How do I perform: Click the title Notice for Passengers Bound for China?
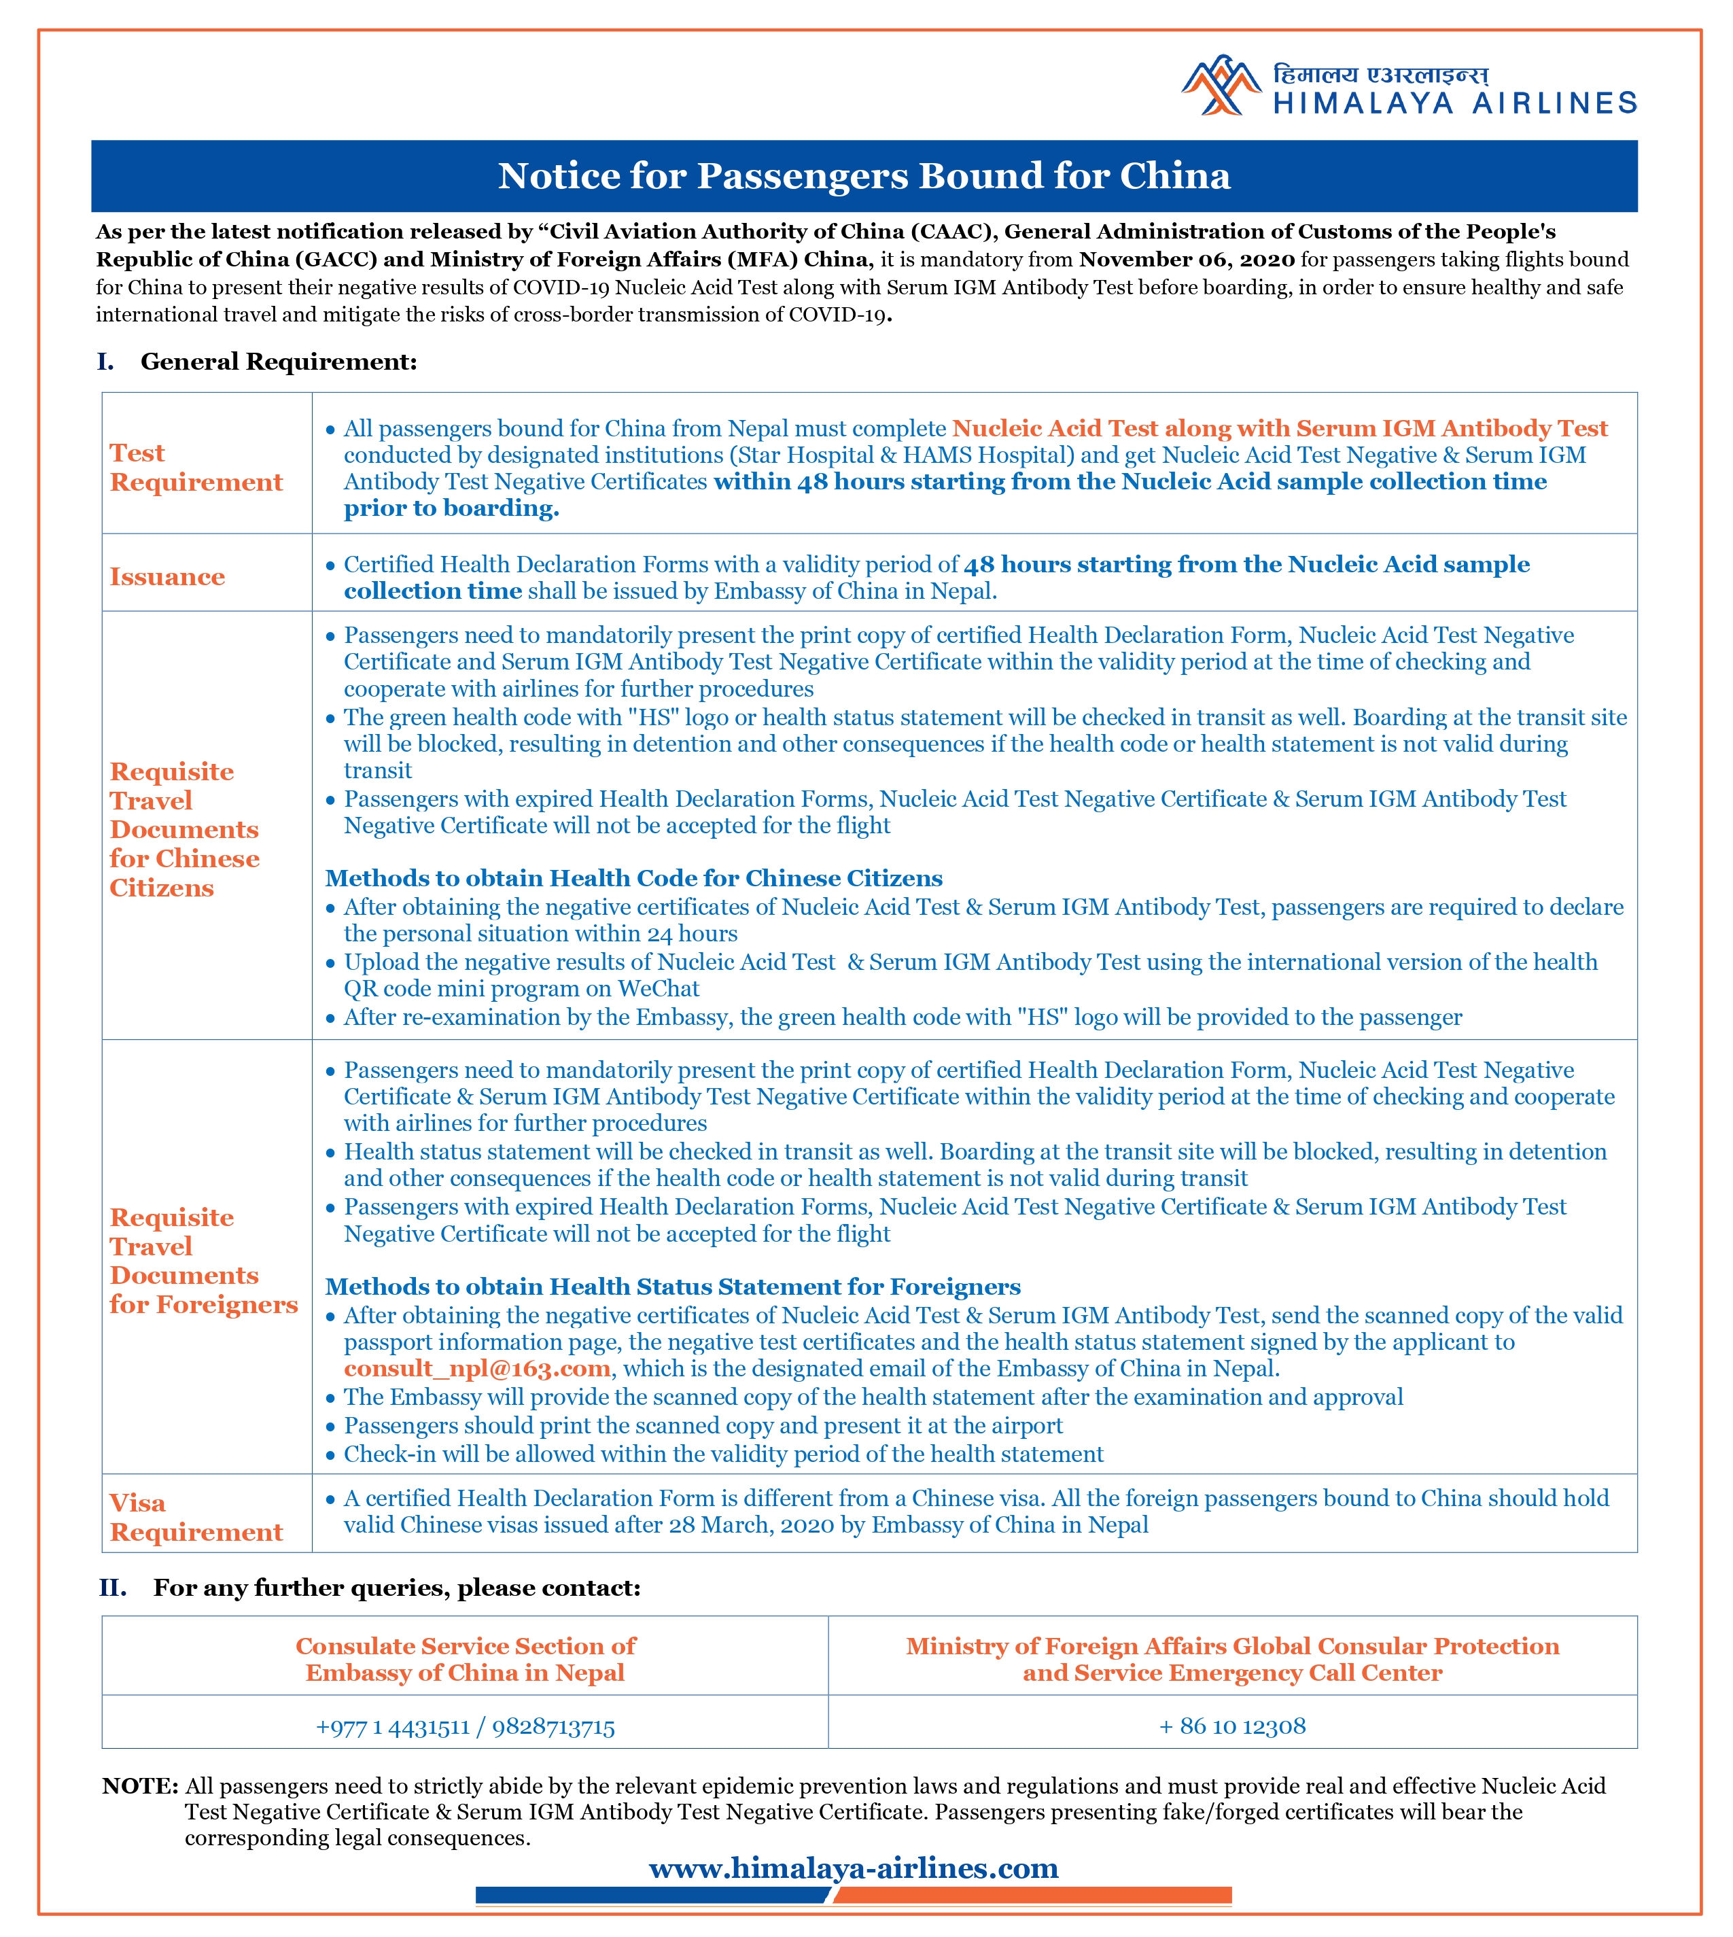tap(864, 176)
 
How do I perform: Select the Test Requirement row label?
tap(196, 468)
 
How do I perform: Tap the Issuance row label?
tap(168, 577)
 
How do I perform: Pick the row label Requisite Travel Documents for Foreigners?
tap(203, 1261)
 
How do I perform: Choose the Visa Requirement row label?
tap(196, 1517)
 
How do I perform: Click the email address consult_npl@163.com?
tap(477, 1368)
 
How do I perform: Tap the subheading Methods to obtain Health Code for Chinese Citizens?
tap(633, 878)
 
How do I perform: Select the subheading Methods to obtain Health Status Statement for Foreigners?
tap(672, 1287)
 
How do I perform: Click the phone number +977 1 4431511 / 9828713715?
tap(465, 1726)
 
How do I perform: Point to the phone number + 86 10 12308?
tap(1232, 1726)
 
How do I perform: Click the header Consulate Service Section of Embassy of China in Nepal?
tap(465, 1659)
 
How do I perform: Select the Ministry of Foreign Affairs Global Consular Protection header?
tap(1232, 1659)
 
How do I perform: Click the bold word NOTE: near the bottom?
tap(140, 1785)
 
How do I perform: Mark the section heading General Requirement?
tap(278, 362)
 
